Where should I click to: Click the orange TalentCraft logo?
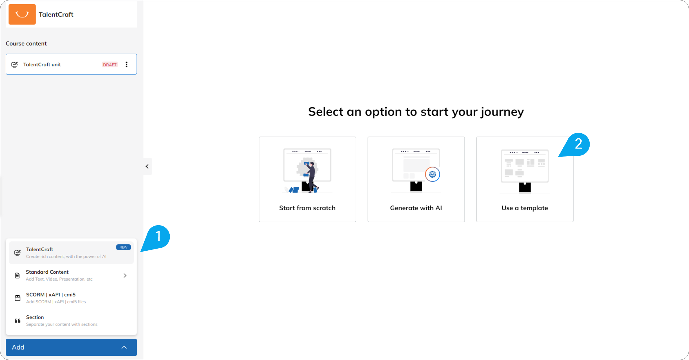pos(22,14)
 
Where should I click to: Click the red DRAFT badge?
pos(110,65)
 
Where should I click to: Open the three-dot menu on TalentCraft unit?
pos(127,64)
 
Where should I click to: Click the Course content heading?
pos(26,43)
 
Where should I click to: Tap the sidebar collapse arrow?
pos(147,166)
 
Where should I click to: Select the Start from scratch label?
pos(307,208)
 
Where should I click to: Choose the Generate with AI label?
pos(416,208)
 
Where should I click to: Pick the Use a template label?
pos(525,208)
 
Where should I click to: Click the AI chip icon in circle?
pos(432,174)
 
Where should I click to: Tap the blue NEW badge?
pos(123,247)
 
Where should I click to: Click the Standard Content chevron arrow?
pos(125,276)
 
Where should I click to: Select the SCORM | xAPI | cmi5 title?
pos(51,295)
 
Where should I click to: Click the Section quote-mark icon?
pos(18,321)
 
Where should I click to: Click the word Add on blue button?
pos(18,347)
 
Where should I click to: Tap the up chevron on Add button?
pos(124,347)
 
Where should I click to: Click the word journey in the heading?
pos(503,112)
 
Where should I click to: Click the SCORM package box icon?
pos(18,298)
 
